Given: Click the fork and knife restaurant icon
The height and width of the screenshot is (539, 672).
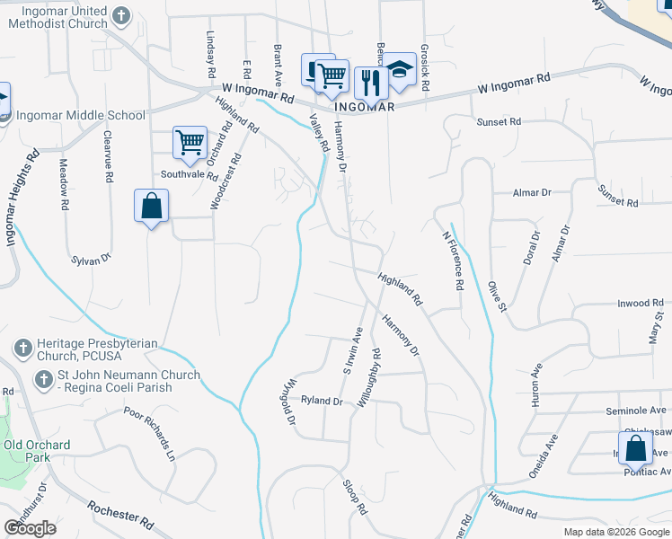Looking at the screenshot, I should point(370,83).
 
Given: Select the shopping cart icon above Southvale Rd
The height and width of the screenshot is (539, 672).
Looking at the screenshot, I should point(190,142).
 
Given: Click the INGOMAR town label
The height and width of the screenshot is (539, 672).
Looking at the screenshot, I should point(365,106).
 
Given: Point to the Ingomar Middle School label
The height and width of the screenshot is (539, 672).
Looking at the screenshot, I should point(80,115).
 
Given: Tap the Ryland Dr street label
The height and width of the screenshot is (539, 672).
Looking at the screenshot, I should point(323,400).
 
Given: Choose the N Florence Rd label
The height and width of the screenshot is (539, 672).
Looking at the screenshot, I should point(452,261).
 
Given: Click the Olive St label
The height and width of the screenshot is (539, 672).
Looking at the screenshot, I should point(498,297).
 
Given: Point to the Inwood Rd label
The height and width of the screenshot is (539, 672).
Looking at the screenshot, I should point(640,304).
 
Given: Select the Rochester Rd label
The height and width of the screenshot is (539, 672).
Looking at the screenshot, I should point(122,519).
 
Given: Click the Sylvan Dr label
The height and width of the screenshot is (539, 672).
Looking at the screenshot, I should point(91,259).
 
